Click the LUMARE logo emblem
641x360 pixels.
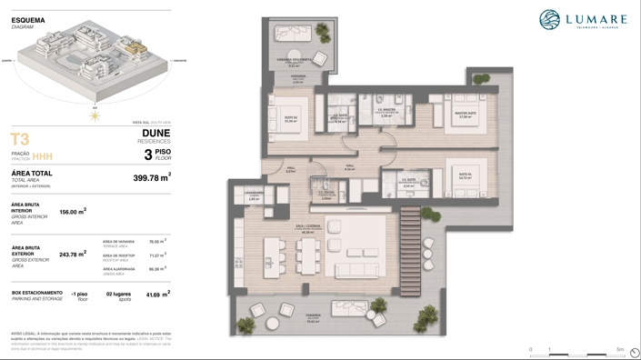coord(549,19)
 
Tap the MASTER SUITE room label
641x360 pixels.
coord(466,115)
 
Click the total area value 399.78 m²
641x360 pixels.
coord(151,178)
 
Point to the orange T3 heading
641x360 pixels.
coord(19,139)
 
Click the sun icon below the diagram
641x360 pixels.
coord(95,115)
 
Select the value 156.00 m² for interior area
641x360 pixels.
coord(73,212)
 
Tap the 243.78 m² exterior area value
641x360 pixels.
coord(73,255)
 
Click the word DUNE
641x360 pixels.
coord(155,133)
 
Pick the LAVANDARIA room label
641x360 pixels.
coord(254,194)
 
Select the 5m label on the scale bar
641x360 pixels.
coord(620,349)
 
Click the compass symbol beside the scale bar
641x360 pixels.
coord(634,353)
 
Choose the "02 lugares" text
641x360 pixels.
coord(118,295)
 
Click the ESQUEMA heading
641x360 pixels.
coord(28,20)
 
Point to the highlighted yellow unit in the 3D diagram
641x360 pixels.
coord(135,45)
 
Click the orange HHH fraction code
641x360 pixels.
coord(43,156)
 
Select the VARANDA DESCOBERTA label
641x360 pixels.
coord(294,61)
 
